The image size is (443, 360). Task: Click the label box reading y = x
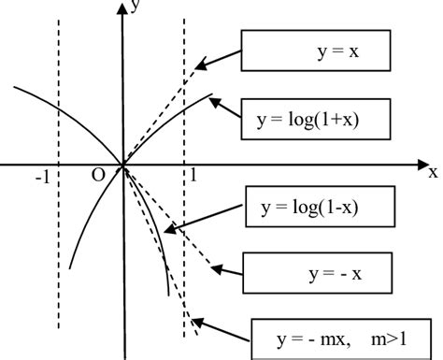[313, 50]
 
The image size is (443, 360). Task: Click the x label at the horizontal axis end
[433, 172]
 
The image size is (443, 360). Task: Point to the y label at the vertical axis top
[136, 7]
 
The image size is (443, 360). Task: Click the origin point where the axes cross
[122, 166]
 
